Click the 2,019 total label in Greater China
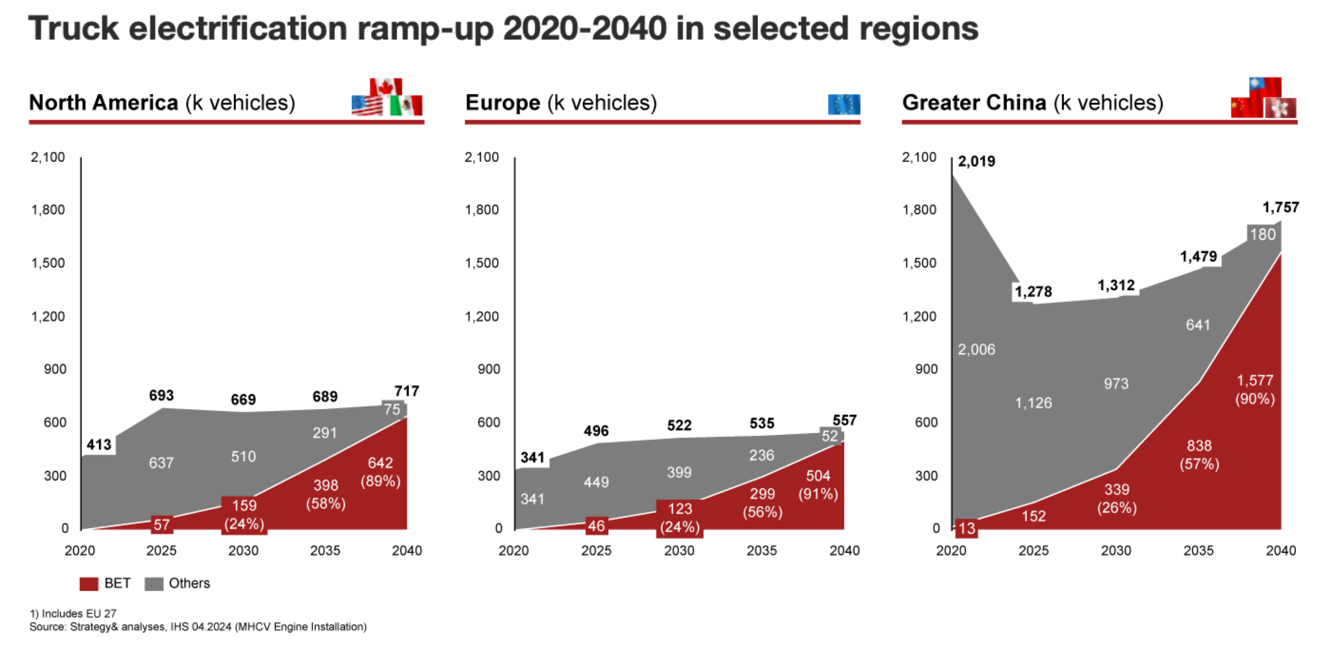pyautogui.click(x=976, y=161)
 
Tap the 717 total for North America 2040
pyautogui.click(x=407, y=391)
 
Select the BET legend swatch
pyautogui.click(x=88, y=583)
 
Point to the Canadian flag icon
pyautogui.click(x=386, y=86)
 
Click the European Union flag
pyautogui.click(x=844, y=104)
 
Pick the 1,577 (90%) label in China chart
pyautogui.click(x=1255, y=389)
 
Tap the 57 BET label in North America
pyautogui.click(x=162, y=525)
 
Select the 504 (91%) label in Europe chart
pyautogui.click(x=818, y=484)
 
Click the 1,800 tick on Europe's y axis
pyautogui.click(x=482, y=209)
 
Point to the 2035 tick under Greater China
pyautogui.click(x=1198, y=550)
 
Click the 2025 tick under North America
pyautogui.click(x=161, y=550)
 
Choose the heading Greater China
pyautogui.click(x=974, y=103)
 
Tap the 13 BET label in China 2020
pyautogui.click(x=966, y=528)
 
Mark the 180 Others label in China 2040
pyautogui.click(x=1263, y=234)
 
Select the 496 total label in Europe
pyautogui.click(x=596, y=430)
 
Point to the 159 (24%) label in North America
pyautogui.click(x=244, y=514)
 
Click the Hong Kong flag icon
pyautogui.click(x=1281, y=108)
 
